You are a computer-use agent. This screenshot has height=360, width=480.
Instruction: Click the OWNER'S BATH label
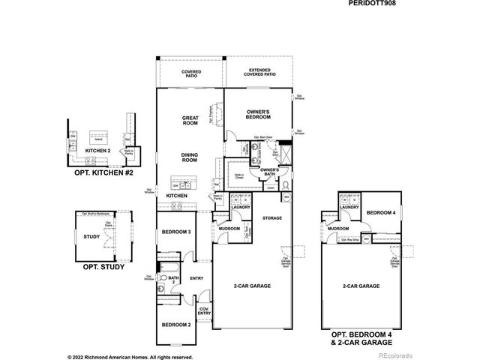coord(269,172)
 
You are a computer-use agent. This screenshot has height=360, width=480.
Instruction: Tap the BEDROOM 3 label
coord(177,232)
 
